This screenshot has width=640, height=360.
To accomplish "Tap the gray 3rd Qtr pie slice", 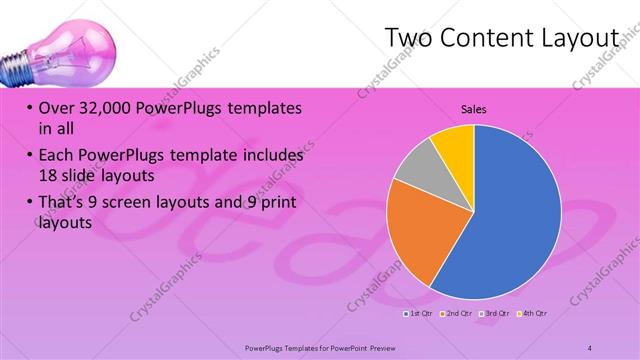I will click(x=416, y=163).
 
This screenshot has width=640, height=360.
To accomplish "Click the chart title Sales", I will click(x=473, y=109).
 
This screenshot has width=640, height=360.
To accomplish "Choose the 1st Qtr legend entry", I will click(x=417, y=313).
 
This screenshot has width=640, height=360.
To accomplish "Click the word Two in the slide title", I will click(x=408, y=38).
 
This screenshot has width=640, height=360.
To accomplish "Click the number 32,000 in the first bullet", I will click(x=103, y=107).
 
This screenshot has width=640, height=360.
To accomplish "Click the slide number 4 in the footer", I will click(x=590, y=347).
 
